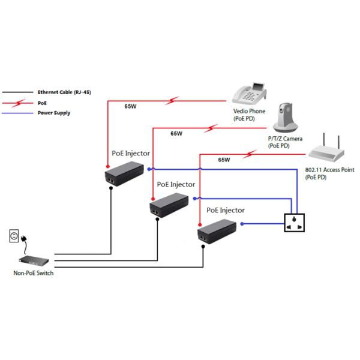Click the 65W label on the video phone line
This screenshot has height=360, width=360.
point(130,107)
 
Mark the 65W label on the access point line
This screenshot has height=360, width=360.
point(224,160)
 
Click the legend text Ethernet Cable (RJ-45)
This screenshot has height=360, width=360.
point(64,92)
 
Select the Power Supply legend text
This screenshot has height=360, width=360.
point(54,112)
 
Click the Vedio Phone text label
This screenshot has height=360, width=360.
point(250,111)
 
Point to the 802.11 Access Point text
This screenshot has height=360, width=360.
point(330,170)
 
